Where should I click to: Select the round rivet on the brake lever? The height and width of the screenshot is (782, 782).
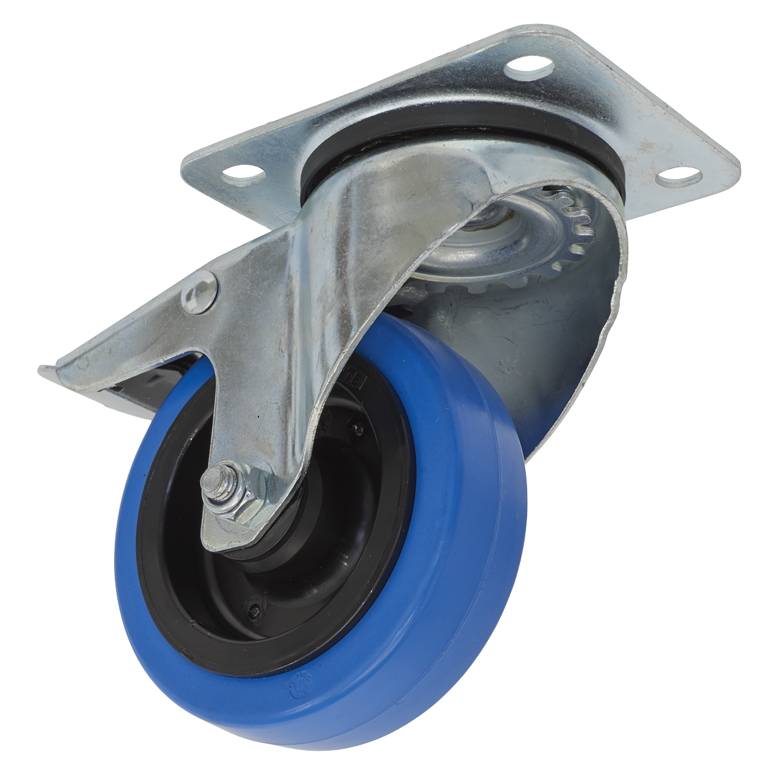[199, 294]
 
